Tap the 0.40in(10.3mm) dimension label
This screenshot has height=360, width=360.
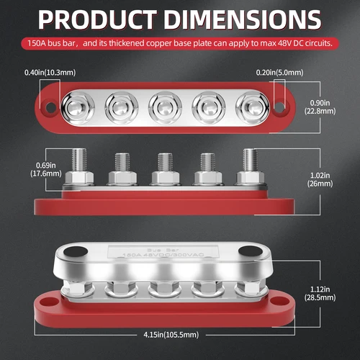coord(49,72)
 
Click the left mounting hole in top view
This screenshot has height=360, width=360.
coord(50,108)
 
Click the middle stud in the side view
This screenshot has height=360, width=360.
coord(164,163)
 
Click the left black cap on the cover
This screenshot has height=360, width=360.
coord(77,251)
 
